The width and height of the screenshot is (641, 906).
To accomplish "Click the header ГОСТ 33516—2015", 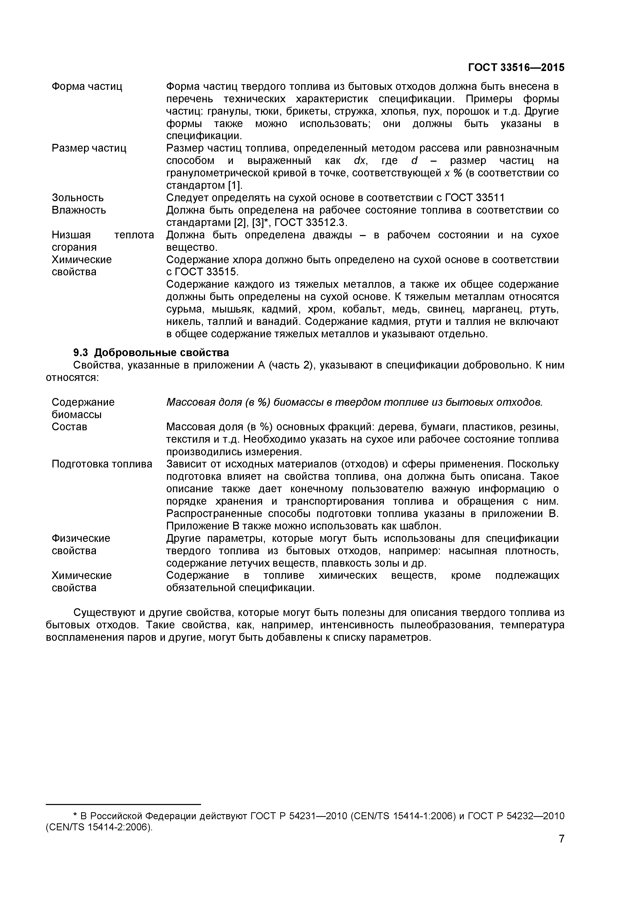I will point(516,67).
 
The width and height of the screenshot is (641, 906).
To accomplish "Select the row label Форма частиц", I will point(87,87).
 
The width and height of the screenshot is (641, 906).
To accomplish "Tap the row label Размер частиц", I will point(89,148).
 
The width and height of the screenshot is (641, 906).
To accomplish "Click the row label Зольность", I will point(78,198).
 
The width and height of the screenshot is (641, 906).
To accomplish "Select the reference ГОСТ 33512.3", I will point(310,223).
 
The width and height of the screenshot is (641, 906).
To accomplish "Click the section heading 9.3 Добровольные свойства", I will point(151,352).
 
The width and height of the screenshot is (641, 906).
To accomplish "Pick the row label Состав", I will point(70,427).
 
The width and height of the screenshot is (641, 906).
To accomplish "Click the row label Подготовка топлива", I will point(102,464).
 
